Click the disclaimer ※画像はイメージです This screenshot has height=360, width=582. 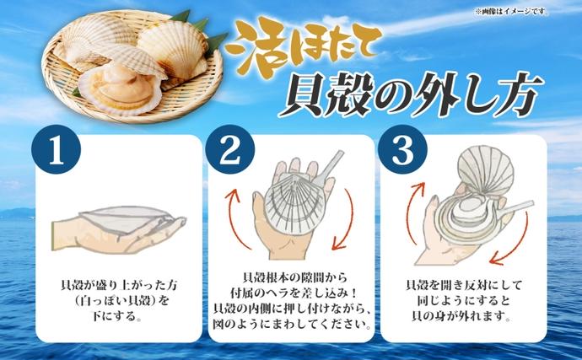point(511,10)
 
